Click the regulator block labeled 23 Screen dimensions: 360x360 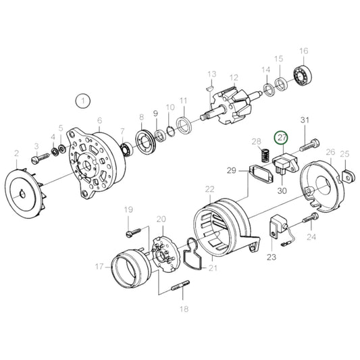pos(278,226)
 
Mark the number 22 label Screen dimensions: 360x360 pos(209,188)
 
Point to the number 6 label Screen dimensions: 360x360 pos(100,121)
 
